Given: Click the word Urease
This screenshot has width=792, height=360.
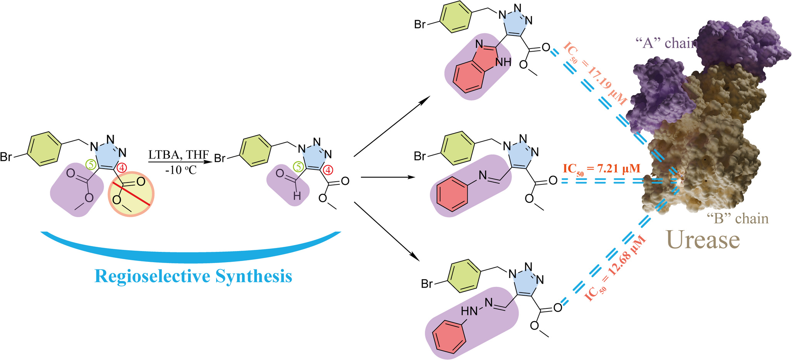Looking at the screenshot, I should pos(703,239).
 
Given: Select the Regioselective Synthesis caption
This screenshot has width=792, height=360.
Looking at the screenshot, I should pos(193,276).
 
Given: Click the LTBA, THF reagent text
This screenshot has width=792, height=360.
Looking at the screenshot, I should pos(178,155).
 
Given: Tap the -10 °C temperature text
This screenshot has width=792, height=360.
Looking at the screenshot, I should pos(181,169).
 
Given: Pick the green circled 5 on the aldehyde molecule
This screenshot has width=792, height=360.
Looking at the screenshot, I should pos(298,167).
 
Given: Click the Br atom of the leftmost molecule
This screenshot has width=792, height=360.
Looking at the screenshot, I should pos(6,157).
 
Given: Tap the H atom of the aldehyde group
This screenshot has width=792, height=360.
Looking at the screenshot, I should pos(297,196).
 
